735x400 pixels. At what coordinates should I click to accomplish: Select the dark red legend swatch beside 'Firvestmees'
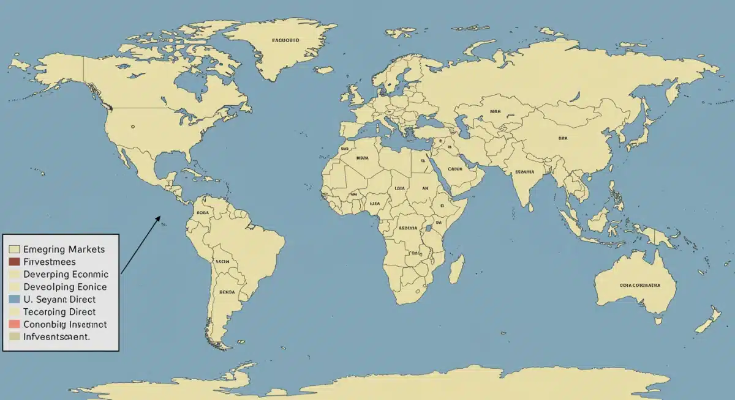(x=15, y=262)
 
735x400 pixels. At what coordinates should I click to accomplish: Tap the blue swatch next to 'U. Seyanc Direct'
(x=15, y=299)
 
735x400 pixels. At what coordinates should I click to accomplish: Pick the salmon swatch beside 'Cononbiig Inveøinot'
(x=15, y=324)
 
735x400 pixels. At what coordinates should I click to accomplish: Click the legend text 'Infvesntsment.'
(x=56, y=336)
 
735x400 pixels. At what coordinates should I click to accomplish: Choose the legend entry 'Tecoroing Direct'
(x=59, y=311)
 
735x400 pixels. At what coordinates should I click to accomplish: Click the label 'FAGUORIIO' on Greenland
(x=285, y=40)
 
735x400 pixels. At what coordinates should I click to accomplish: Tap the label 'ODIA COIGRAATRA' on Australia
(x=639, y=285)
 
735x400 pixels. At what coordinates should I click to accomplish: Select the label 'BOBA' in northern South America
(x=203, y=213)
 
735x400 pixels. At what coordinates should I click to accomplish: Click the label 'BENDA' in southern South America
(x=227, y=292)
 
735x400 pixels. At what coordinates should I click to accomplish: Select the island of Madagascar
(x=456, y=269)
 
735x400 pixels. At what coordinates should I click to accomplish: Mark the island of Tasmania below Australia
(x=658, y=320)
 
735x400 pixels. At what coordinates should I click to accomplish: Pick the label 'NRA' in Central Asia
(x=495, y=112)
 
